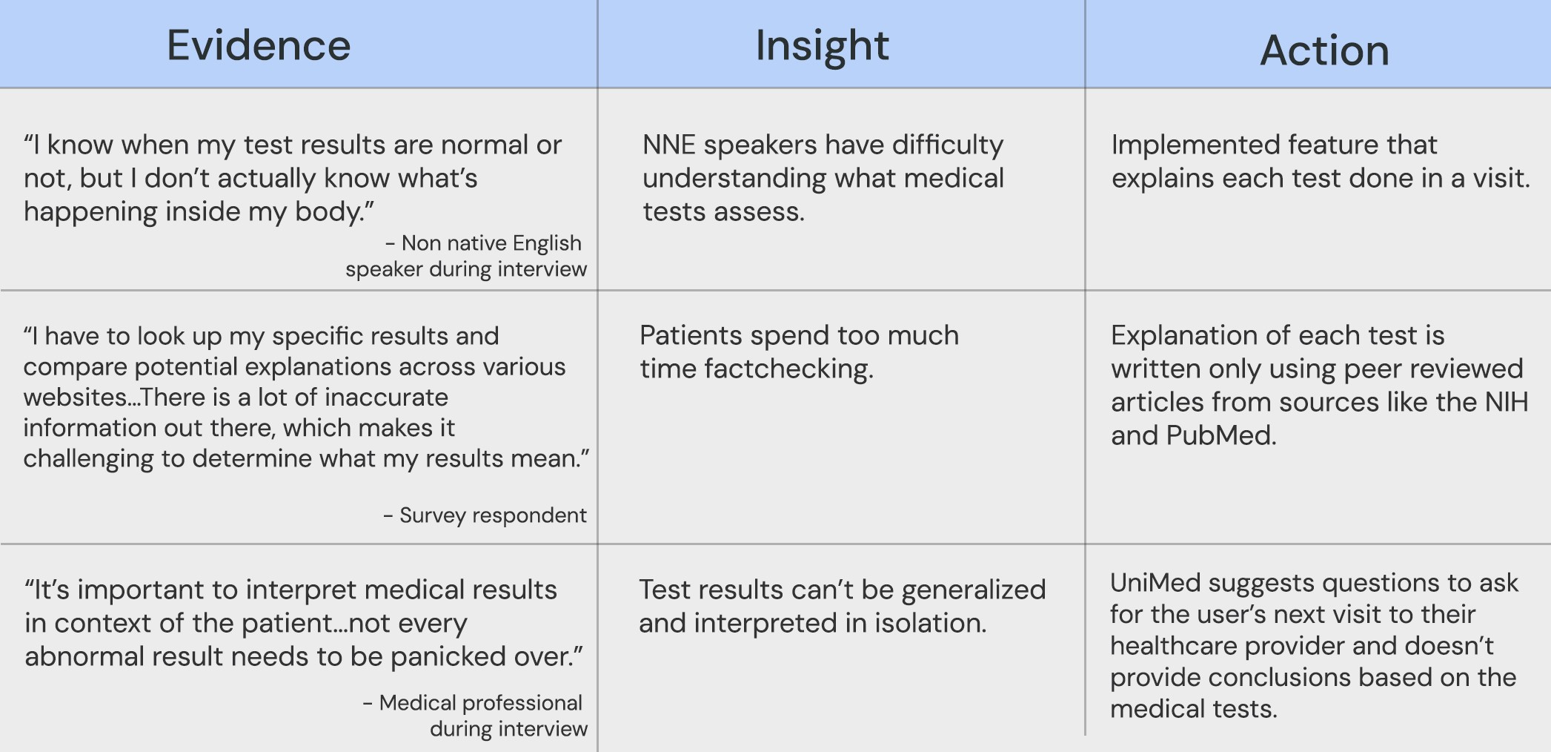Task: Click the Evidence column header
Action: pyautogui.click(x=259, y=45)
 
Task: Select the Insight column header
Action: pyautogui.click(x=822, y=45)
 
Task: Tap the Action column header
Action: pyautogui.click(x=1324, y=50)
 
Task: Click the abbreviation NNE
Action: pyautogui.click(x=669, y=145)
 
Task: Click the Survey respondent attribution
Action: pyautogui.click(x=485, y=515)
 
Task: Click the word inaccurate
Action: pyautogui.click(x=386, y=398)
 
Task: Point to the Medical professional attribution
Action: pyautogui.click(x=475, y=716)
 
